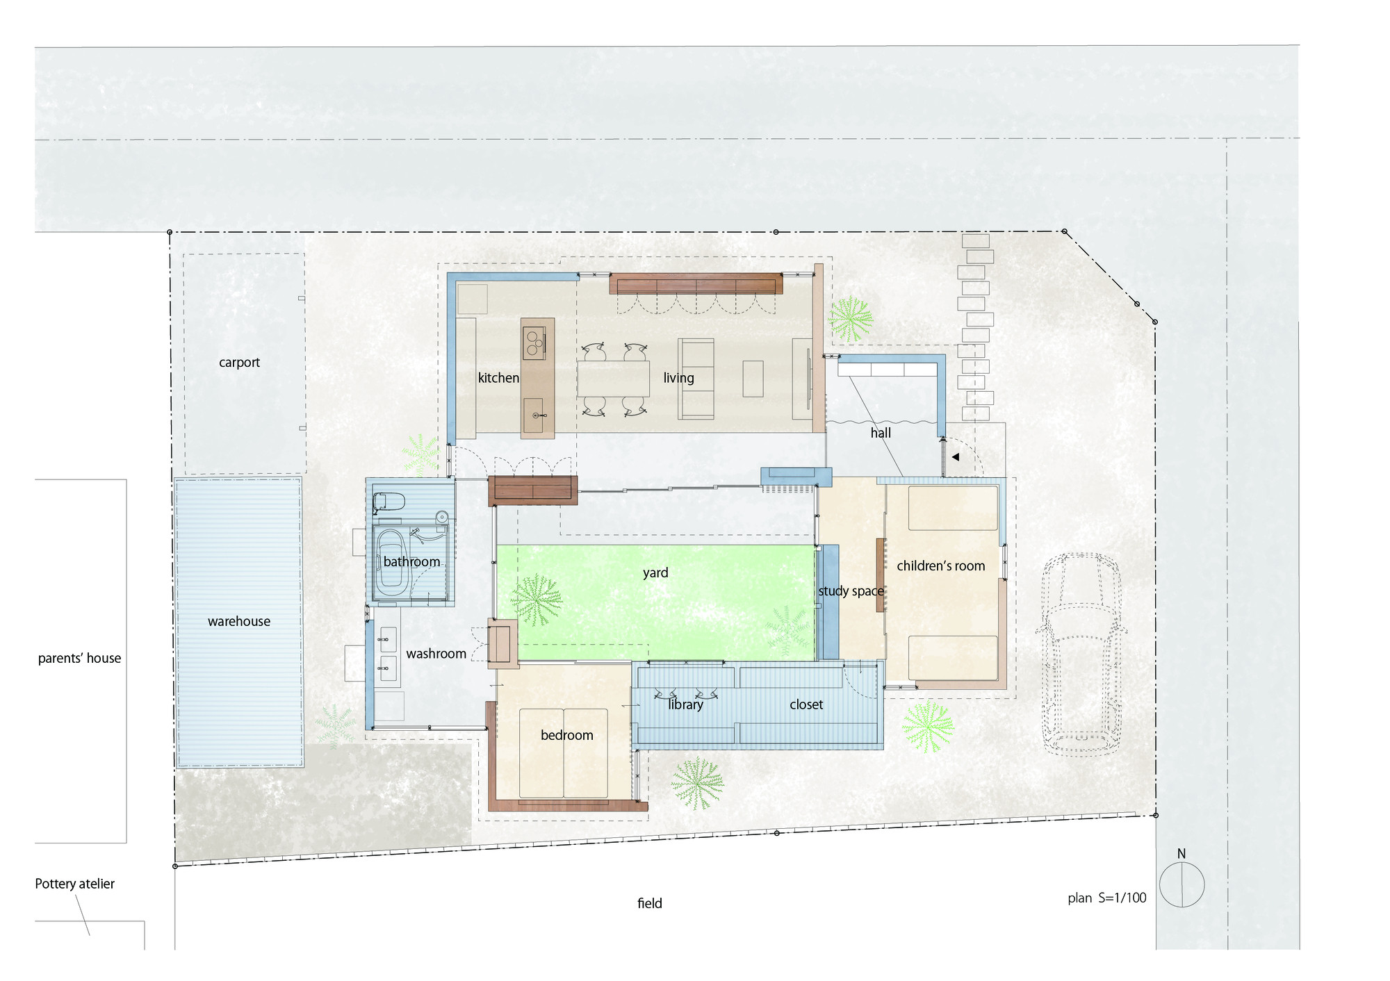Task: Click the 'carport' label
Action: (239, 363)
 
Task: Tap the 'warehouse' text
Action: (239, 622)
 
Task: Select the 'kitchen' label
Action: (498, 378)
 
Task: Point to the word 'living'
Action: (678, 378)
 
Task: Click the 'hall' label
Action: (881, 433)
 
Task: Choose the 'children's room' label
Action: (940, 566)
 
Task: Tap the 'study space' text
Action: (851, 591)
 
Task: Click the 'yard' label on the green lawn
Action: (655, 572)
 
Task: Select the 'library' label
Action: (685, 704)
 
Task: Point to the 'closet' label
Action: (806, 704)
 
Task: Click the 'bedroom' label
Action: (567, 735)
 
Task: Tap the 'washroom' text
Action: (436, 654)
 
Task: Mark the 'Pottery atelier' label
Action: (75, 884)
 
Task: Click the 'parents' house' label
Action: (79, 658)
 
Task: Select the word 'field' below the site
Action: (650, 903)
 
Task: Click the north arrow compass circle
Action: (1181, 884)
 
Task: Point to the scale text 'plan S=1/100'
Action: (1106, 898)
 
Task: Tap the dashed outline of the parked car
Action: (1080, 653)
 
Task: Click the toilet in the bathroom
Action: (389, 501)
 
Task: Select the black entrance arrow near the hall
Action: (956, 457)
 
